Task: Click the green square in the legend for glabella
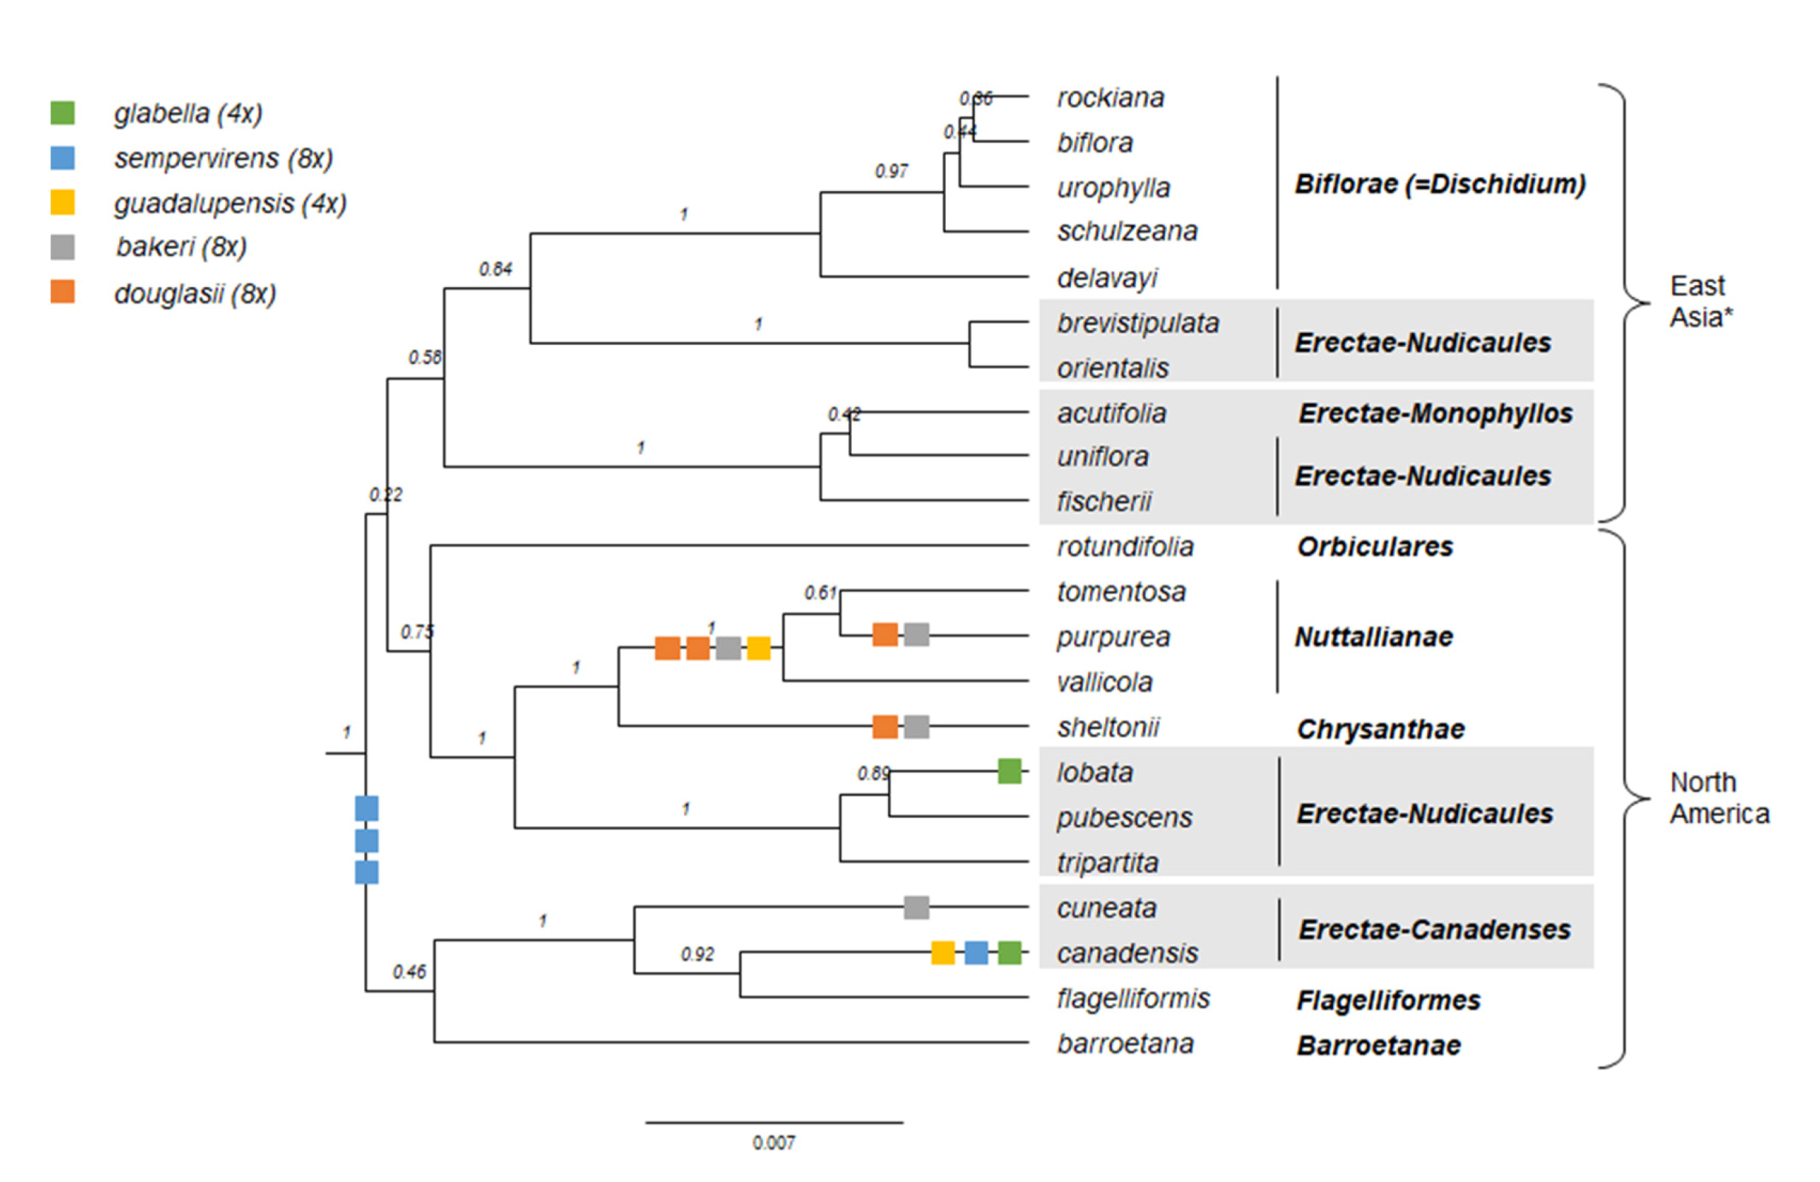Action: [x=63, y=113]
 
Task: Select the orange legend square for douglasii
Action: [x=63, y=292]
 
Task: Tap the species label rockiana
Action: [x=1110, y=98]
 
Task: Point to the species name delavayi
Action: [x=1107, y=278]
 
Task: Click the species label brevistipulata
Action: [x=1138, y=323]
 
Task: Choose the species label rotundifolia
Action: [x=1125, y=547]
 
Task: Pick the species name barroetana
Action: [x=1125, y=1044]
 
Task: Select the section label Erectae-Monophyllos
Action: [x=1435, y=414]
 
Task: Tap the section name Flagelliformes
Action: [x=1388, y=1000]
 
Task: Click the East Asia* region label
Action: [x=1701, y=301]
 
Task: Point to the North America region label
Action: [x=1719, y=798]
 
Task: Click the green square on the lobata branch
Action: [x=1010, y=771]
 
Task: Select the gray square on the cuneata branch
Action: [x=916, y=907]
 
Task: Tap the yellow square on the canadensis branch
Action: [x=943, y=953]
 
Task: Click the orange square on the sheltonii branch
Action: [x=884, y=726]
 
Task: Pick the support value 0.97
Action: [x=892, y=171]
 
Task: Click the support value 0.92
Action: [x=697, y=954]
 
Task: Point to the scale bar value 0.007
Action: [x=774, y=1143]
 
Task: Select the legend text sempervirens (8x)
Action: [x=224, y=158]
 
